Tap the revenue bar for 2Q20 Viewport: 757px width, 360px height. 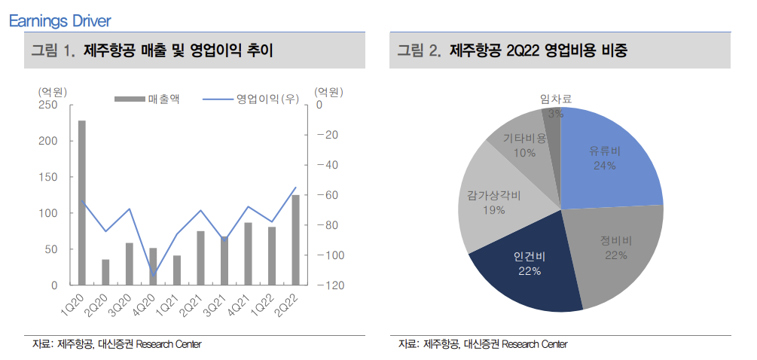pos(105,272)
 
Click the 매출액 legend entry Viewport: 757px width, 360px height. pos(151,99)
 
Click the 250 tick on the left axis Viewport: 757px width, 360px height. pos(47,105)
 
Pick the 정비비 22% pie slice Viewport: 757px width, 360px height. pos(614,249)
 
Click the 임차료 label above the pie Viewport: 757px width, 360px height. pos(556,98)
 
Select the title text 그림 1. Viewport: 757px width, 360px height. pos(52,51)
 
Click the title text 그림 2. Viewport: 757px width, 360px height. pos(418,51)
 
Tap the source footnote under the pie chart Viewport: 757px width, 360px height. pos(482,344)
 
